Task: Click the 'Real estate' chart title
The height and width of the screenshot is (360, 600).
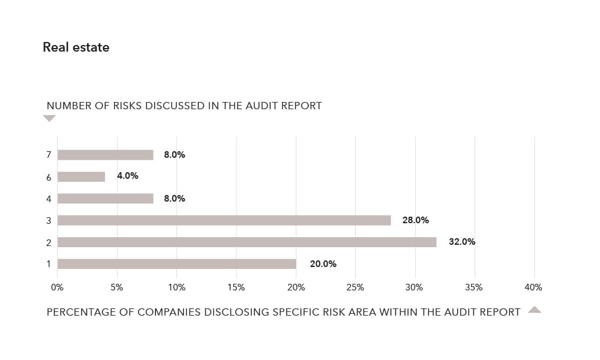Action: coord(76,47)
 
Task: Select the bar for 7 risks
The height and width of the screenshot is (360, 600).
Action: coord(106,155)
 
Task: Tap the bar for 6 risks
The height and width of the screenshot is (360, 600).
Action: coord(82,176)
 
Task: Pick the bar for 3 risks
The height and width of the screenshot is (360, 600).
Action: coord(224,220)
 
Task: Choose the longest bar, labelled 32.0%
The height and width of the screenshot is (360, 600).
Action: coord(247,242)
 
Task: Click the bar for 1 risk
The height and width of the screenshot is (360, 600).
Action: coord(177,264)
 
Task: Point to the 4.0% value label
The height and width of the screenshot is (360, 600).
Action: coord(128,176)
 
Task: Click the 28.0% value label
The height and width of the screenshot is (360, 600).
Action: coord(416,220)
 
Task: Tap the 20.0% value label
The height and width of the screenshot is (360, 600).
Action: coord(323,264)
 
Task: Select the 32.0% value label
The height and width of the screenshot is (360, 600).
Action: coord(462,242)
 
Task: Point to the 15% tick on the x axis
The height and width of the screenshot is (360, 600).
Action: coord(236,287)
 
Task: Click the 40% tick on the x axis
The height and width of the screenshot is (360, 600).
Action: coord(533,287)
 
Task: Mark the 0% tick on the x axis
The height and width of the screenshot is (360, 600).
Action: coord(58,287)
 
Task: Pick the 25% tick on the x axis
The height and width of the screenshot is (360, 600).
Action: coord(355,287)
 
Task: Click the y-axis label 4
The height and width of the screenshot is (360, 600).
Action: coord(49,199)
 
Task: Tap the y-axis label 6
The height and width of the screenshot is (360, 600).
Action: coord(49,177)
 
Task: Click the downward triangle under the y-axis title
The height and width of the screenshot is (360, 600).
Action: coord(49,118)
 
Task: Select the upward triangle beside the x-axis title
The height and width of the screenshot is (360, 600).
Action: coord(535,310)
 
